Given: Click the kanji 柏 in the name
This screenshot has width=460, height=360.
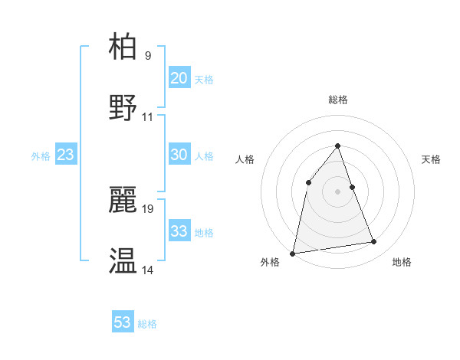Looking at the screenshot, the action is click(x=123, y=47).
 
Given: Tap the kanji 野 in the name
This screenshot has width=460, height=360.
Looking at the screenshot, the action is click(x=123, y=108).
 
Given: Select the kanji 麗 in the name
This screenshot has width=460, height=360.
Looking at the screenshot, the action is click(x=123, y=200).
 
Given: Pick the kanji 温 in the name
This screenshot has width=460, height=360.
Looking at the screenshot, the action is click(x=123, y=261).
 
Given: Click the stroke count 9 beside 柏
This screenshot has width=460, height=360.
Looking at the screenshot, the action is click(x=148, y=56).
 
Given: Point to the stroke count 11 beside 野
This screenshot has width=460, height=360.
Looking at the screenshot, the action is click(x=148, y=117).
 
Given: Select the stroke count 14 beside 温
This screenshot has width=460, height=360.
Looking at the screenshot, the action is click(x=148, y=270).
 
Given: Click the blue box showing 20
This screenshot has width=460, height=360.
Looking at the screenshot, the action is click(x=179, y=78).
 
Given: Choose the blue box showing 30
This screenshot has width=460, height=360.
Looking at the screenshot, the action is click(x=179, y=155).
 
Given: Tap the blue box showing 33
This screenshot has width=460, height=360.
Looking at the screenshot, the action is click(x=179, y=231).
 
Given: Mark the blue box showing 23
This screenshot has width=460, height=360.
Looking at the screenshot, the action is click(x=66, y=155).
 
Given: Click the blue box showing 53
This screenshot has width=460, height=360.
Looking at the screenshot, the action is click(x=123, y=322).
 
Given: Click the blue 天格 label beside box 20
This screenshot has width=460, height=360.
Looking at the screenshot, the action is click(x=204, y=80).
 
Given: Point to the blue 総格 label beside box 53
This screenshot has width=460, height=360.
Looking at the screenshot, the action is click(x=147, y=324).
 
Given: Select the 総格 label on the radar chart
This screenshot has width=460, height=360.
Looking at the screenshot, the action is click(x=338, y=100).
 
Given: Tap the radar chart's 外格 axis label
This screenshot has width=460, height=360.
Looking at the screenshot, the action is click(x=270, y=263).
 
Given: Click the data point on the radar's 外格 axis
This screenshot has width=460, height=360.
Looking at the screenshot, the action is click(x=293, y=253).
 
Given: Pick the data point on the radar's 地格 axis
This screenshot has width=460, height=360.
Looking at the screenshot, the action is click(x=374, y=242).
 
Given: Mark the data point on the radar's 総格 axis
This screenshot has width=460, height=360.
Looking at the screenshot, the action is click(x=338, y=146).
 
